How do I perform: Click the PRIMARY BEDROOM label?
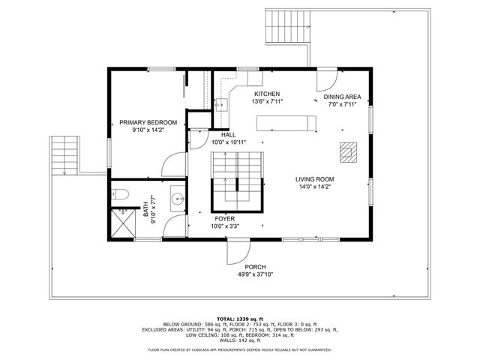(148, 122)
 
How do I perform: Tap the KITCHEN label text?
(266, 94)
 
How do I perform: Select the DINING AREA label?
(343, 97)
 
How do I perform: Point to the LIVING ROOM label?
(314, 179)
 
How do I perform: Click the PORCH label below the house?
(256, 267)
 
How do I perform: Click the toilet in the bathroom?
(122, 196)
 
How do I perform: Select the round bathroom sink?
(178, 199)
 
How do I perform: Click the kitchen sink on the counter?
(221, 106)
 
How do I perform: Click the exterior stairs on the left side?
(63, 155)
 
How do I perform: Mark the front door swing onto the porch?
(238, 250)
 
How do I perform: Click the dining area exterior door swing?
(326, 79)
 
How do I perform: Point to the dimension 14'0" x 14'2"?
(314, 187)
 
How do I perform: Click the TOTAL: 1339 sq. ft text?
(240, 319)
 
